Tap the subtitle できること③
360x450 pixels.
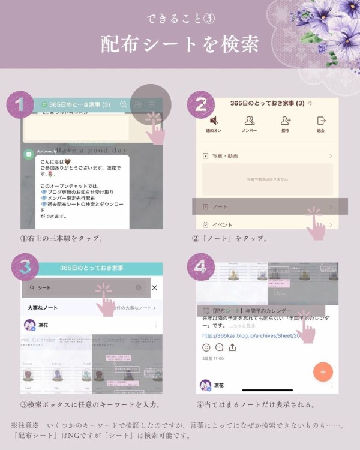point(180,18)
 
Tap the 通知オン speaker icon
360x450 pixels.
point(214,121)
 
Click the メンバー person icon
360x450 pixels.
point(249,121)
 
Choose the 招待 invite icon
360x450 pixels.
point(285,121)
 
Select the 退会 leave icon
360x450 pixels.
point(321,121)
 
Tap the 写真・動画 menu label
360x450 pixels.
point(224,156)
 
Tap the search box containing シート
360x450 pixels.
point(84,288)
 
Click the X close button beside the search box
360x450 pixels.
point(154,288)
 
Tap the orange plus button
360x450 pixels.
point(323,372)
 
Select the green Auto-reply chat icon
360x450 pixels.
point(28,154)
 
